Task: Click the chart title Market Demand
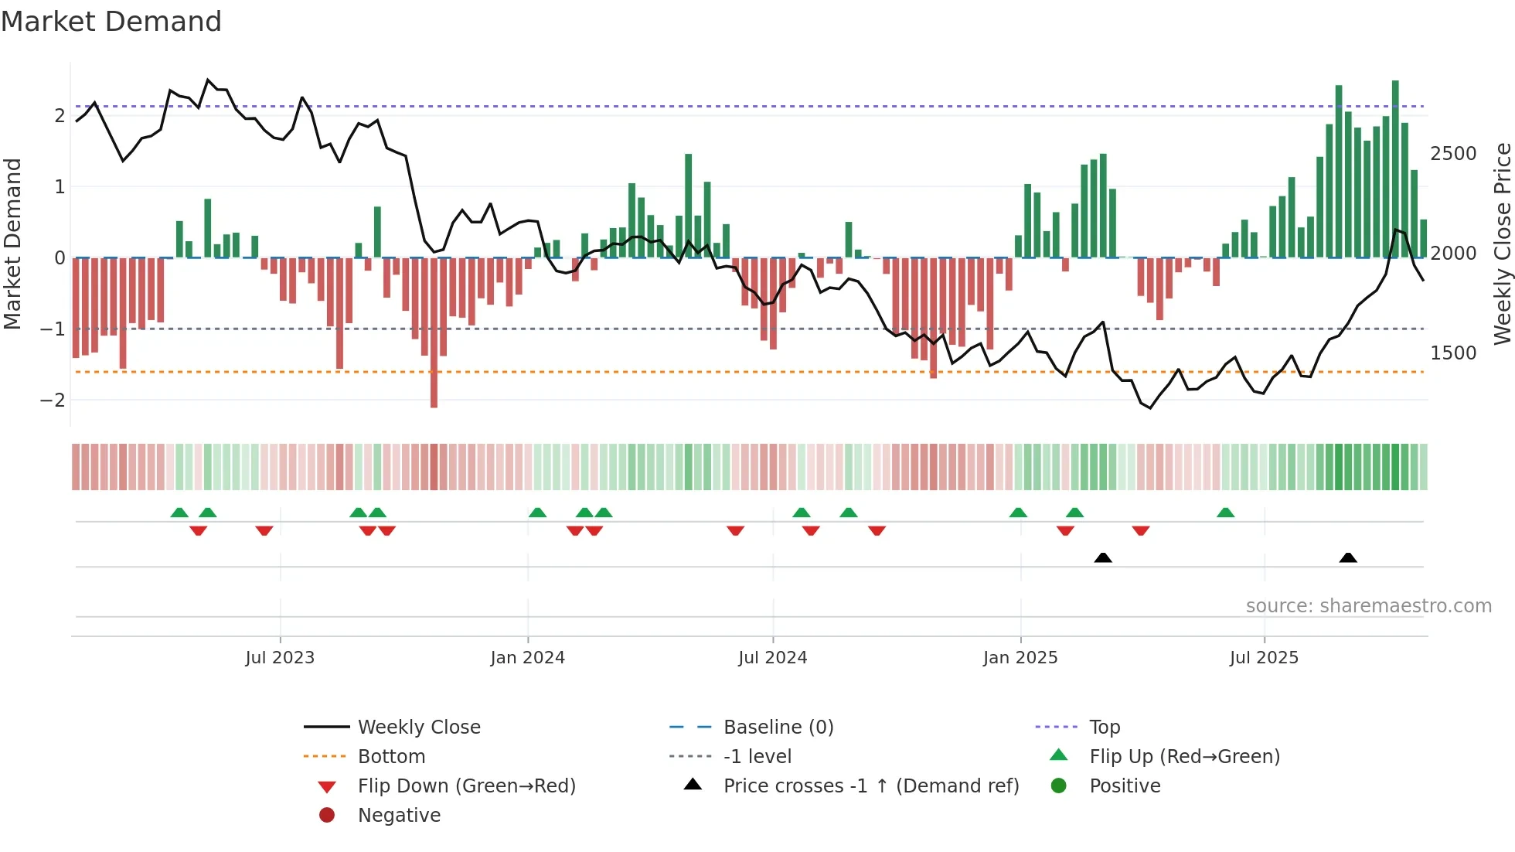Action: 111,22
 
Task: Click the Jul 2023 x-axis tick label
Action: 280,658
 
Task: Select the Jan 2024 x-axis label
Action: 527,658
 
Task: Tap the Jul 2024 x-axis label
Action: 772,658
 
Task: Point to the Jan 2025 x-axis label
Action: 1020,658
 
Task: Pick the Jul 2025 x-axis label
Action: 1264,658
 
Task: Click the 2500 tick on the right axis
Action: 1453,154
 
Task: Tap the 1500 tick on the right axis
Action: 1453,353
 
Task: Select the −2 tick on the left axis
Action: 53,400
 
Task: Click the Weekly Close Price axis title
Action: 1502,244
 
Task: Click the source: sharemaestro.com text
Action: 1368,606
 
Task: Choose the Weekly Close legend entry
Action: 418,728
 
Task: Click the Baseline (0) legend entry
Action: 778,728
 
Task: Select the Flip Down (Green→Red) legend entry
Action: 466,786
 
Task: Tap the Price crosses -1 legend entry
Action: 870,786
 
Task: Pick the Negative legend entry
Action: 399,816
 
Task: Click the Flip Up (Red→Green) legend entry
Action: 1184,757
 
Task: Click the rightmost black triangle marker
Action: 1348,557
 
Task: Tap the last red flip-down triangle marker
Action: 1141,530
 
